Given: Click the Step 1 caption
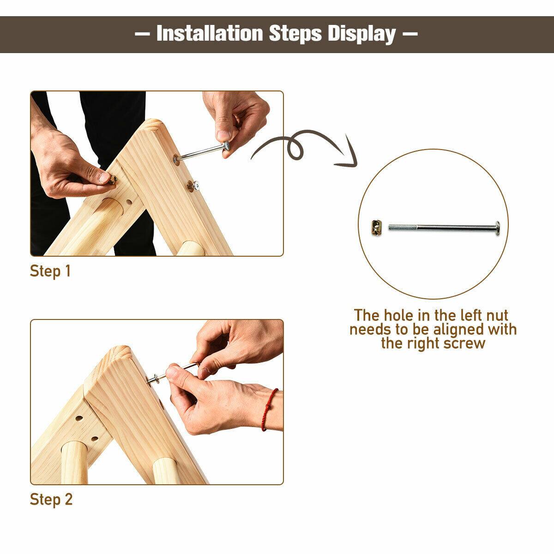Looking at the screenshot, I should [50, 271].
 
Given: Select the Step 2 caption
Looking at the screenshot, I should [51, 499].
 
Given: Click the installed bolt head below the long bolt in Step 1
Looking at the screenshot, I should [197, 186].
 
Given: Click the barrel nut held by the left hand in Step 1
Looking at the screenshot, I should [113, 179].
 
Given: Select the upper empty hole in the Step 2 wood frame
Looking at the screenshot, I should [79, 419].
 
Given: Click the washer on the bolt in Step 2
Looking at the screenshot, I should [153, 380].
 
